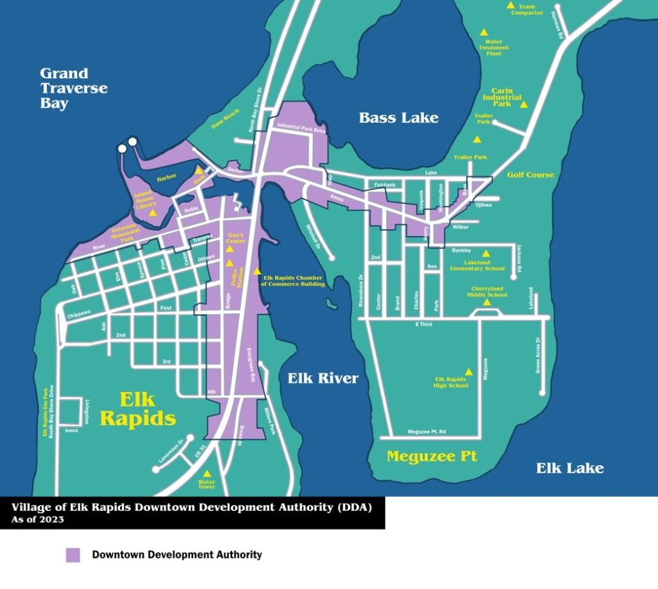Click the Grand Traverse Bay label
click(73, 88)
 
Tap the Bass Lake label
click(398, 118)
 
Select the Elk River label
click(323, 378)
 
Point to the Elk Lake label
click(570, 468)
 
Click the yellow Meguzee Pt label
click(432, 457)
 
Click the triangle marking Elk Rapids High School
click(468, 371)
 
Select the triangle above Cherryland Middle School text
click(486, 302)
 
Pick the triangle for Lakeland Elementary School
click(486, 253)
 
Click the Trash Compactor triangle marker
click(511, 5)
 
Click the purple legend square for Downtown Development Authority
click(73, 555)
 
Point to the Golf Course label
click(530, 175)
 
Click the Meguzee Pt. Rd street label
click(427, 432)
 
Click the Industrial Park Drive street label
click(301, 128)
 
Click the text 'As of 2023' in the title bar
click(38, 520)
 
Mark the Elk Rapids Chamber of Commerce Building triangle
click(258, 272)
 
